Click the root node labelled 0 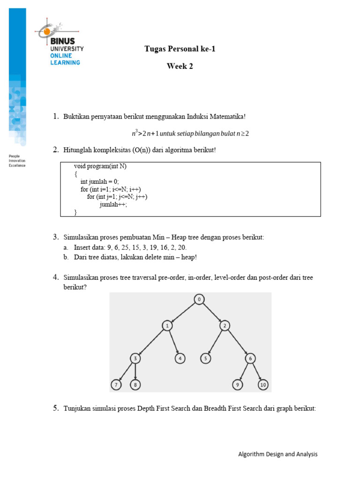pos(199,299)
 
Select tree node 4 pos(180,359)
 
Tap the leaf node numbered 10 pos(263,385)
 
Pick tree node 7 pos(116,385)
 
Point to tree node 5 pos(205,359)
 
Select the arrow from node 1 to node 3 pos(151,342)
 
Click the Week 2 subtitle pos(180,67)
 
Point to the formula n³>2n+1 pos(146,134)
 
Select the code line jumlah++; pos(113,204)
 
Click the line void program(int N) pos(100,166)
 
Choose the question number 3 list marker pos(55,237)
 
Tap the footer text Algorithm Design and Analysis pos(277,454)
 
